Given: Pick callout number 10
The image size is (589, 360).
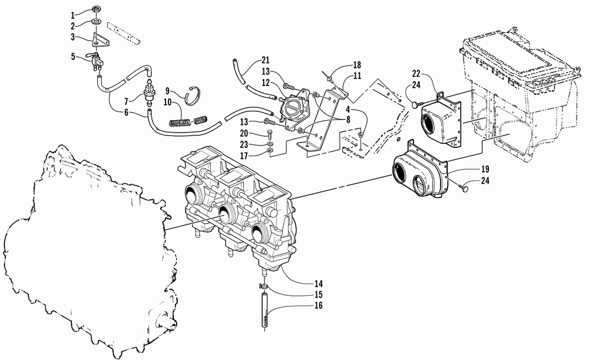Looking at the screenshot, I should [x=167, y=103].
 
